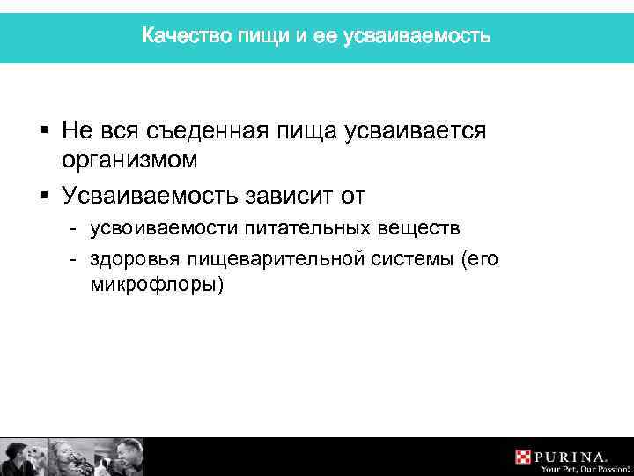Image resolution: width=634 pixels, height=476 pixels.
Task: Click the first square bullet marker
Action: (x=43, y=131)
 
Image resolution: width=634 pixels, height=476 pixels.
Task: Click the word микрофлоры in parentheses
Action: (x=157, y=286)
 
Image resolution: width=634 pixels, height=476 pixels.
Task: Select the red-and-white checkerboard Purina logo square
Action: (x=523, y=456)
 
